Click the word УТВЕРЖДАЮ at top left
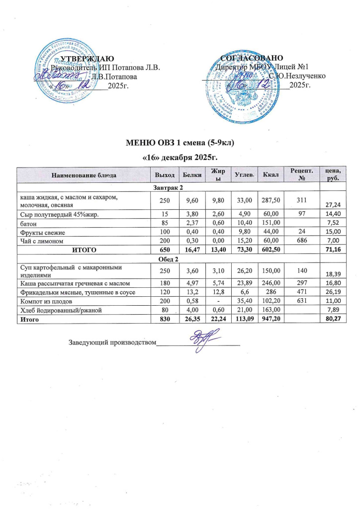(86, 58)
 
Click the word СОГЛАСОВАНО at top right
(252, 58)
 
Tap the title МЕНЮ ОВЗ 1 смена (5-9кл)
(180, 144)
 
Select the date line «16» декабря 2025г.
(180, 157)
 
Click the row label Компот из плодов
(43, 302)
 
